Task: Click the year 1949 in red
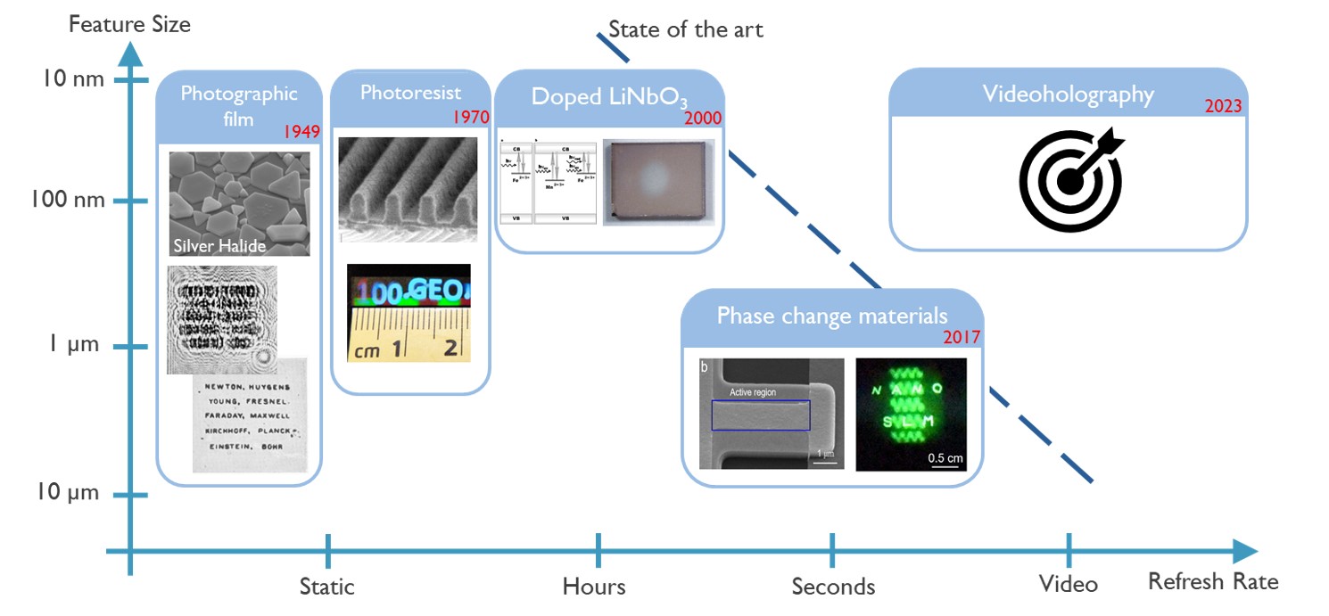coord(301,132)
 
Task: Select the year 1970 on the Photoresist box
coord(471,117)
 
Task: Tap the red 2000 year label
coord(703,118)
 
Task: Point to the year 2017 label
coord(962,337)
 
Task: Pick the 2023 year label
coord(1223,106)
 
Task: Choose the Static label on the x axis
coord(326,587)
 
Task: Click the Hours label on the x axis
coord(594,587)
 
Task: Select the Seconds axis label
coord(833,587)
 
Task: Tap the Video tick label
coord(1068,585)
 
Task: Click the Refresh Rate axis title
coord(1213,582)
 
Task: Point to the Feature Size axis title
coord(130,24)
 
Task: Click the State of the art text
coord(686,29)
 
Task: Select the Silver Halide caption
coord(219,246)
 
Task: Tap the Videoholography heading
coord(1068,94)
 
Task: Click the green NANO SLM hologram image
coord(911,415)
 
